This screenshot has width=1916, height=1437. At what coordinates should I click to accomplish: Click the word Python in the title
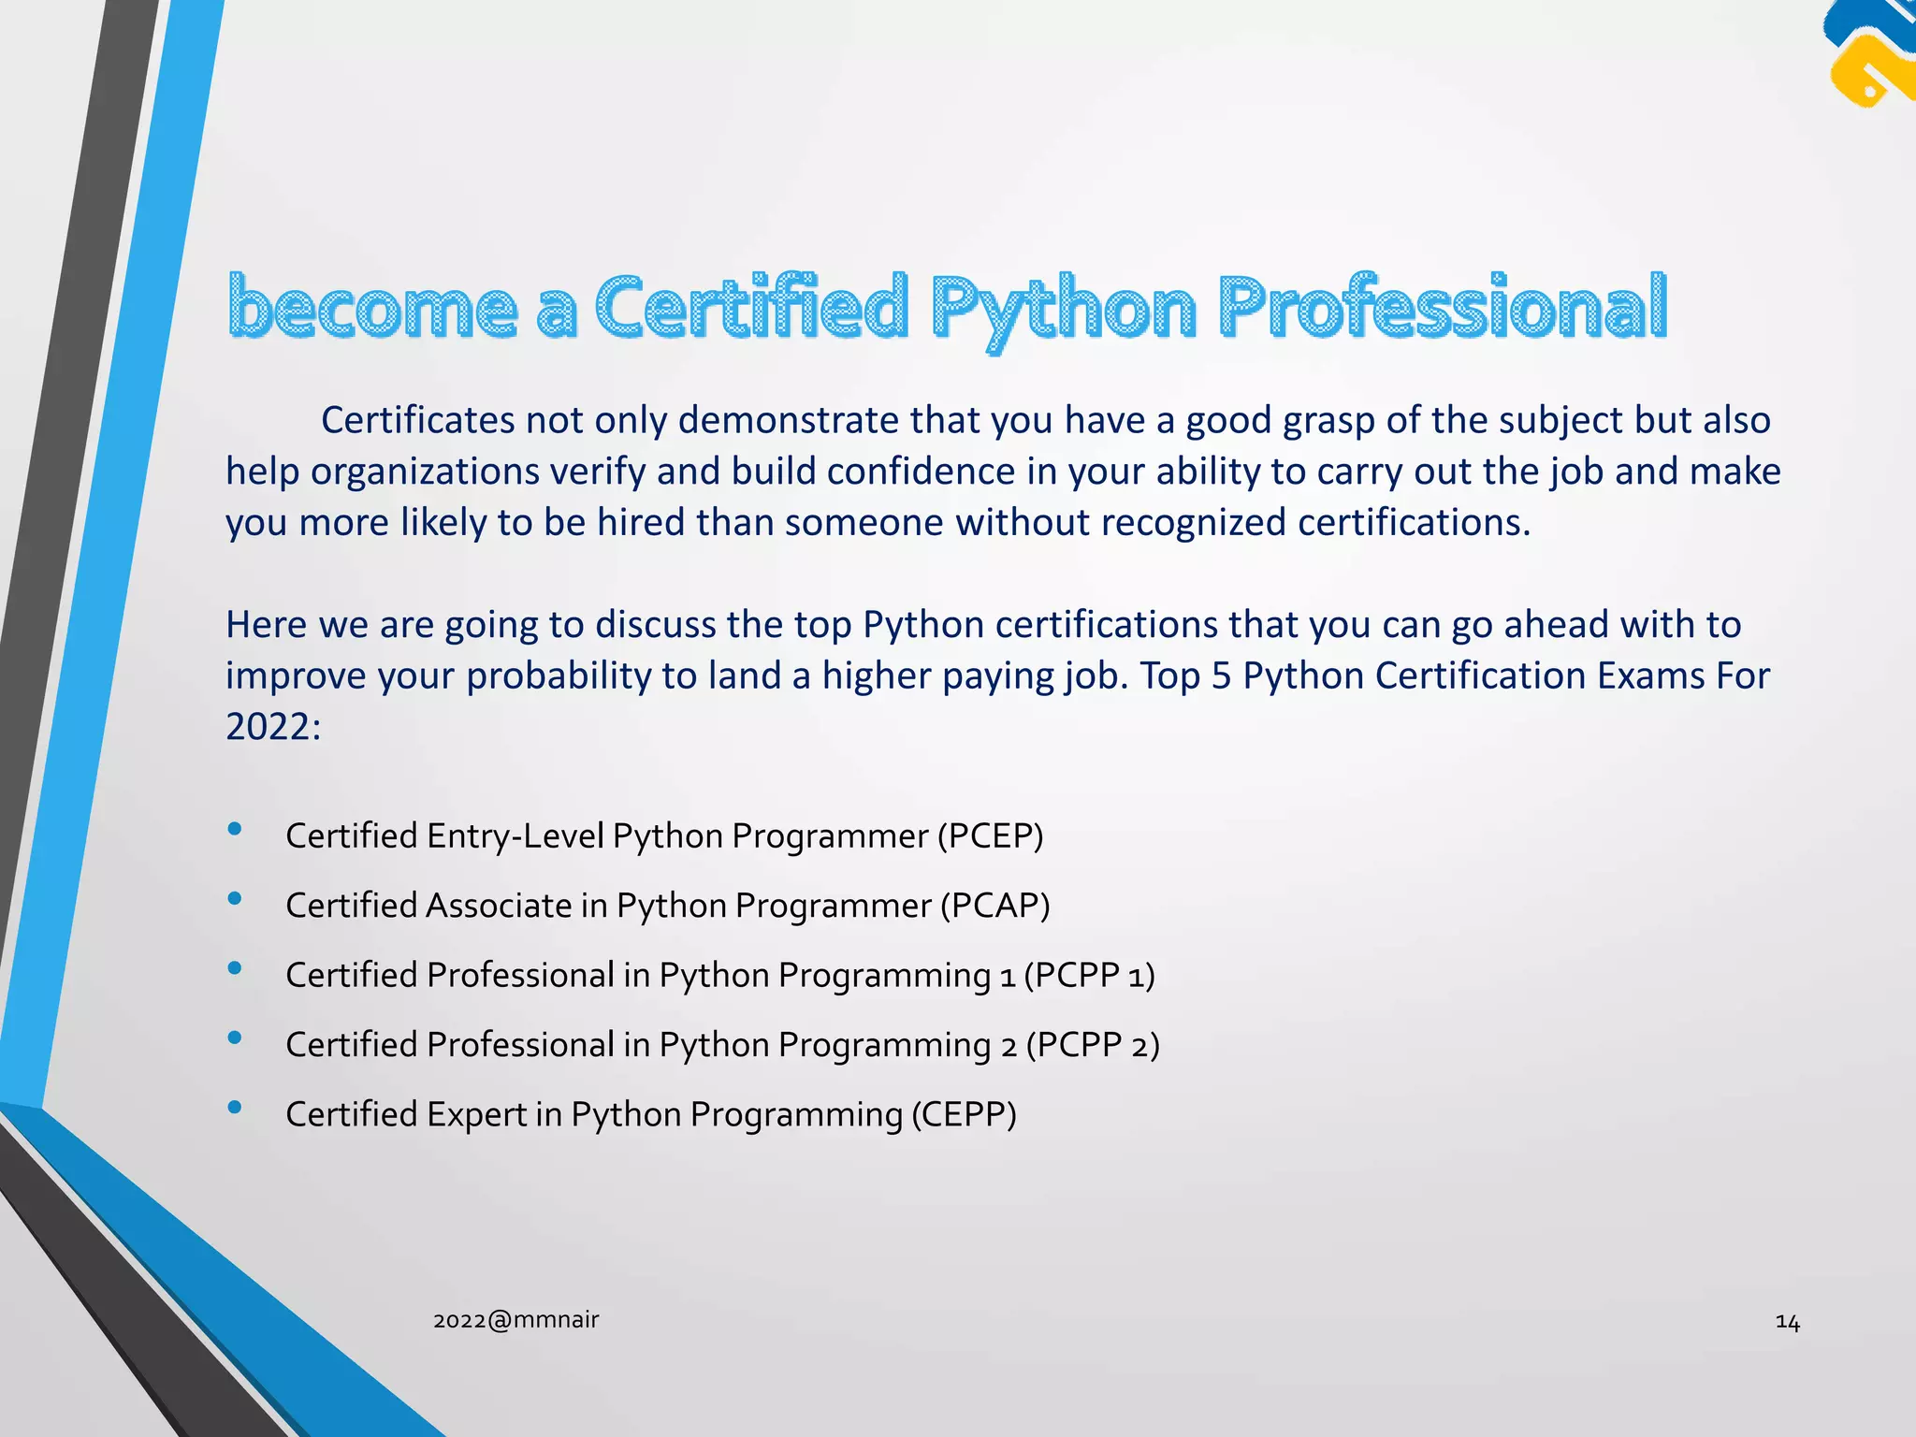[1064, 309]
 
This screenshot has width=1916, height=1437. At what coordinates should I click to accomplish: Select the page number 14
[1787, 1322]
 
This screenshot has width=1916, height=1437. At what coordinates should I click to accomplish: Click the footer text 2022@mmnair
[515, 1320]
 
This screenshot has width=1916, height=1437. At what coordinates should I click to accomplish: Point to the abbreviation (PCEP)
[990, 835]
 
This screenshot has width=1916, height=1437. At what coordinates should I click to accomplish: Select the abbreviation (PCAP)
[994, 906]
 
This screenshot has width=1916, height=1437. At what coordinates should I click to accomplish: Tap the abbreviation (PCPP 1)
[1089, 975]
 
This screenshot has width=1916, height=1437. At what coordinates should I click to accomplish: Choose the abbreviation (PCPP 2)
[1092, 1045]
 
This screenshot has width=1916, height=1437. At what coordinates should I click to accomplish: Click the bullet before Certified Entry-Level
[235, 829]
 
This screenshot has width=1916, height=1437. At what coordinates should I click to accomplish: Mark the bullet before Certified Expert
[235, 1108]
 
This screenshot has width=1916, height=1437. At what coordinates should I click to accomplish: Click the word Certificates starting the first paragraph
[417, 420]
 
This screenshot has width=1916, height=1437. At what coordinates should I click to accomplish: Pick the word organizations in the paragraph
[425, 472]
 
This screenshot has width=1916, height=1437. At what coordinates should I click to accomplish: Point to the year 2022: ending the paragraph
[272, 726]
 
